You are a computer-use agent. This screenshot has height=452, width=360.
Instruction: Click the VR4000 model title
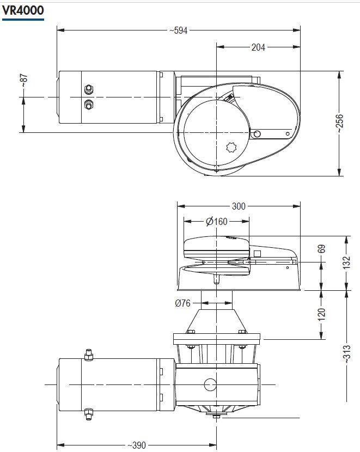click(x=23, y=10)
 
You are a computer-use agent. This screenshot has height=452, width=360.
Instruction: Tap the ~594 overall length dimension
click(x=179, y=30)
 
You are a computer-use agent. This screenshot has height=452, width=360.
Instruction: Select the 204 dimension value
click(x=258, y=47)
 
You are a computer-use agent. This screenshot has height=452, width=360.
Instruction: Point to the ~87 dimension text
click(x=24, y=81)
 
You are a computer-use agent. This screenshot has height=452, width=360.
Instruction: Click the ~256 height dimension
click(x=340, y=124)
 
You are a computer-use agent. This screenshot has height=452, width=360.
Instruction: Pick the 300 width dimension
click(x=239, y=206)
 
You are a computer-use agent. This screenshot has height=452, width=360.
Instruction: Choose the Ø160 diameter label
click(x=217, y=222)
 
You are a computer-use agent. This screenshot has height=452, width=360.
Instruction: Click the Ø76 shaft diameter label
click(x=183, y=303)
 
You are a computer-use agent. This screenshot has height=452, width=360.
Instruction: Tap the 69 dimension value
click(x=322, y=249)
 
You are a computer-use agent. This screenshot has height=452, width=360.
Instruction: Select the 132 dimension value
click(x=346, y=262)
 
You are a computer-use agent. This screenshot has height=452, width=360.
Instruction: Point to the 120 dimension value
click(x=322, y=315)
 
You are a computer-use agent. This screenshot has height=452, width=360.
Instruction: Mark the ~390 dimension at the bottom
click(x=137, y=445)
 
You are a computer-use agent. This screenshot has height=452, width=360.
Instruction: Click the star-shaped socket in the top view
click(x=231, y=148)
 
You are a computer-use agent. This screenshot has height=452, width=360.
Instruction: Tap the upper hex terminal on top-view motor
click(x=89, y=89)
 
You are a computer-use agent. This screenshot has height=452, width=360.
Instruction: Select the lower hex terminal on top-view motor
click(x=89, y=105)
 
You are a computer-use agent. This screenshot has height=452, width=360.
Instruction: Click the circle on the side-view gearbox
click(x=210, y=384)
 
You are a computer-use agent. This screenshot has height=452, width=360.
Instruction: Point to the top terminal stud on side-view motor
click(x=89, y=355)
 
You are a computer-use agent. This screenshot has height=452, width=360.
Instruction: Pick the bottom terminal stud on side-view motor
click(x=89, y=414)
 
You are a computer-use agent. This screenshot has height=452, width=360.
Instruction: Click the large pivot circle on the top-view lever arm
click(x=257, y=134)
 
